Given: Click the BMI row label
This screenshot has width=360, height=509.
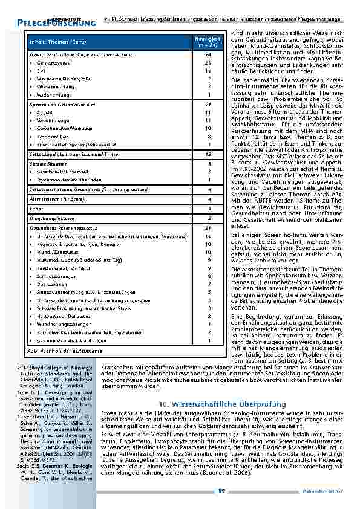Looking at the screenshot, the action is click(42, 70).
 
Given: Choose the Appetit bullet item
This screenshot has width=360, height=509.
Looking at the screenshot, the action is click(46, 112).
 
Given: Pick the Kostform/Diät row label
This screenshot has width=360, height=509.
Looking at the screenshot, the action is click(54, 137).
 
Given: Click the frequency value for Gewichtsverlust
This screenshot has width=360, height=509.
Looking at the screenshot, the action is click(209, 62).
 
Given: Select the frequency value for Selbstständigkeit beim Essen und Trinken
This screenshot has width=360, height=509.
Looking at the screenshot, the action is click(209, 155).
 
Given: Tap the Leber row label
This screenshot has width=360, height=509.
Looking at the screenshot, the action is click(36, 207).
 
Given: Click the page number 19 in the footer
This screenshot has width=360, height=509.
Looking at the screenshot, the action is click(222, 491).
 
